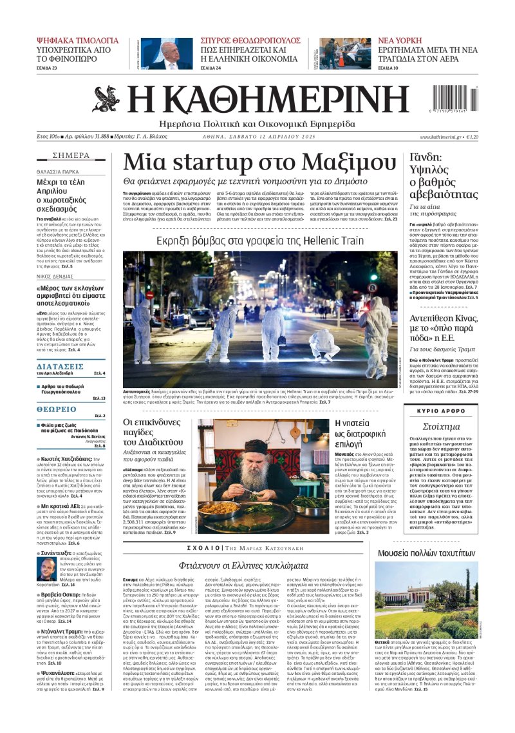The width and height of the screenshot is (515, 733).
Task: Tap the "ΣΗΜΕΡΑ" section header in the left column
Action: [71, 155]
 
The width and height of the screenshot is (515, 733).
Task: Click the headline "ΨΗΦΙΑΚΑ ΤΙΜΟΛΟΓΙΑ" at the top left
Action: [78, 40]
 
